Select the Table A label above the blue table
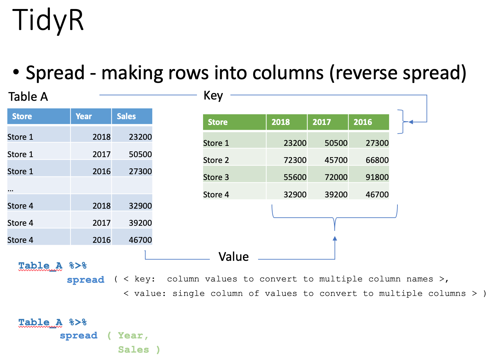28,97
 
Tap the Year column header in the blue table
84,116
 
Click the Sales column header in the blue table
126,116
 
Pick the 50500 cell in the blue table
140,154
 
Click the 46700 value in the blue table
140,240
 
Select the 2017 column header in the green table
322,122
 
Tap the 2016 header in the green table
363,122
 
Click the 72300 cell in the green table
295,160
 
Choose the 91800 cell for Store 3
377,177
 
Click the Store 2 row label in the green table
216,160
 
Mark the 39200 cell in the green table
336,194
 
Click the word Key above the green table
213,96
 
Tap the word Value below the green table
234,257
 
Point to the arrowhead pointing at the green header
411,122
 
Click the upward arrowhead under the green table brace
335,239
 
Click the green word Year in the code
131,336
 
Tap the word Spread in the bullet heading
55,72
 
